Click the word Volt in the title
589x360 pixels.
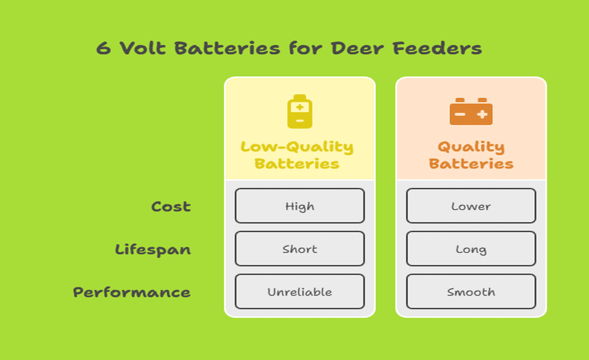pos(143,48)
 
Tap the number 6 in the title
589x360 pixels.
pos(104,49)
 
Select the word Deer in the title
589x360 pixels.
pos(357,48)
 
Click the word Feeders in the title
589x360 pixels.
pos(437,48)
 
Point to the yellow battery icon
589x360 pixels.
pos(300,111)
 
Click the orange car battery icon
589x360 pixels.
pos(471,111)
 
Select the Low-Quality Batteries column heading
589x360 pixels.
pos(297,155)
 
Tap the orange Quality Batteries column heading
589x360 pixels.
pos(471,155)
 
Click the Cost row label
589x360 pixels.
pos(171,206)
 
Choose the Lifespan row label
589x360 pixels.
pos(153,250)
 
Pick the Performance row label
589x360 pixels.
pos(131,292)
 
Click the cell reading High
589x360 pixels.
pos(300,206)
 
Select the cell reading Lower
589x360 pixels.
pos(471,206)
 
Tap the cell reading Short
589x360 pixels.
pos(300,249)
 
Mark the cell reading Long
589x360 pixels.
pos(471,249)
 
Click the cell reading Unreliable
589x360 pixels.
pos(300,291)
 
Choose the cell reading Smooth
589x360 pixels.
pos(471,291)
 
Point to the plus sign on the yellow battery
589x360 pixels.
pos(300,107)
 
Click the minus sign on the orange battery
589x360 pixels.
pos(460,114)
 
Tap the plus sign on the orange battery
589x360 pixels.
pos(482,114)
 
